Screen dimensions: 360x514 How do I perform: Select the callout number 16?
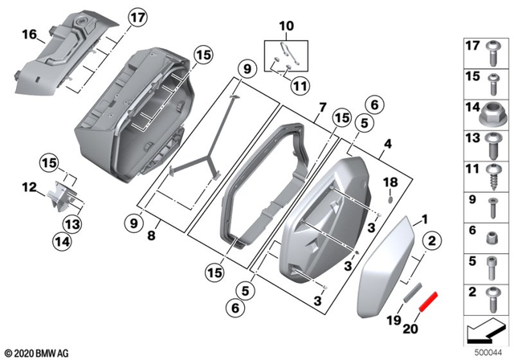pos(29,35)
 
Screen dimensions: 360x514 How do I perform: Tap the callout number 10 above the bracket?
pos(285,27)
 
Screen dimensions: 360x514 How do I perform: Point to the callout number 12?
pos(29,187)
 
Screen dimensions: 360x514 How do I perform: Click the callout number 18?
pos(391,182)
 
